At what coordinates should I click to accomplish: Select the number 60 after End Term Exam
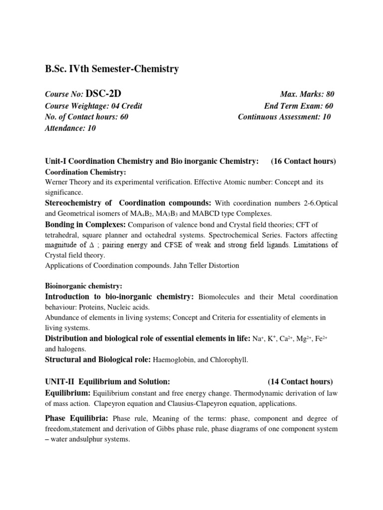(x=328, y=106)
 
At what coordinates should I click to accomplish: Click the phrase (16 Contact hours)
(x=304, y=161)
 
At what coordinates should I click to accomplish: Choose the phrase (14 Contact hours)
(x=300, y=382)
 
